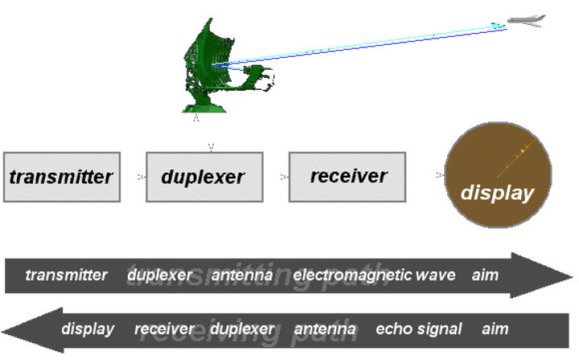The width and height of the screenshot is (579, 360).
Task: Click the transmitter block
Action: pos(61,176)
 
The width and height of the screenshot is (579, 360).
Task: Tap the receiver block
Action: pos(347,175)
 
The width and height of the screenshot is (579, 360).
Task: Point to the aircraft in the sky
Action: pos(526,21)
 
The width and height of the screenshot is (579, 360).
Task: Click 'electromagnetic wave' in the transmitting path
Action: pos(374,275)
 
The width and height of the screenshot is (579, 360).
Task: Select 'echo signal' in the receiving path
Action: pos(419,329)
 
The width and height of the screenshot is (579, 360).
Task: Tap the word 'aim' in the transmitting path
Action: pos(485,275)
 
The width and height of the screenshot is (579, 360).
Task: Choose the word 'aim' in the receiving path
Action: pos(495,329)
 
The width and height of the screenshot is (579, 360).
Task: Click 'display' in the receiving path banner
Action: pos(88,329)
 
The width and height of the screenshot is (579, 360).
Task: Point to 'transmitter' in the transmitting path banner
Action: pos(66,275)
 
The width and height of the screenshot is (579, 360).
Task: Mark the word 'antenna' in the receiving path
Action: pos(325,329)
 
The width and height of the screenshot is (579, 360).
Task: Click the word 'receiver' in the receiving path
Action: pos(164,329)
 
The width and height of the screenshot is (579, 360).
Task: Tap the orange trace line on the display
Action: pos(512,159)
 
